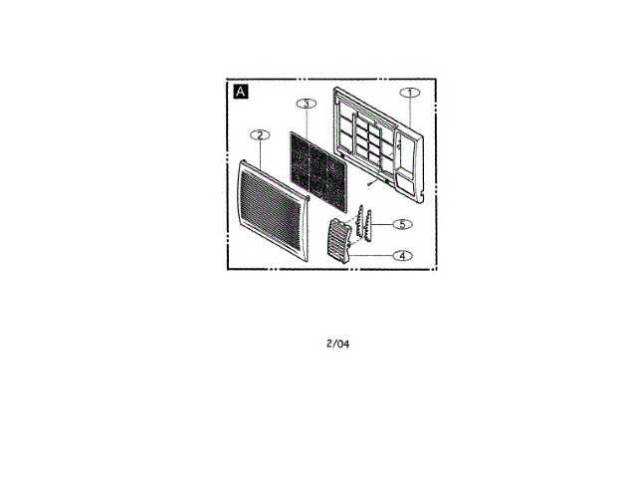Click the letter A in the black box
(240, 93)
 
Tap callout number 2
(259, 134)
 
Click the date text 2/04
(337, 345)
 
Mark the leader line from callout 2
(260, 151)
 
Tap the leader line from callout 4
(372, 255)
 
